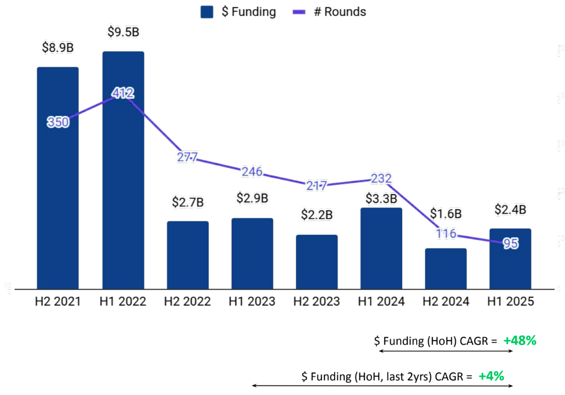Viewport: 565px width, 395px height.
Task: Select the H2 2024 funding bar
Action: [x=446, y=268]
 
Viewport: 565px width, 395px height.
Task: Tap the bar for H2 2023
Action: [x=317, y=261]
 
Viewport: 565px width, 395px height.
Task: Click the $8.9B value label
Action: [x=58, y=48]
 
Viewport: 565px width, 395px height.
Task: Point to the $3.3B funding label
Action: [x=382, y=199]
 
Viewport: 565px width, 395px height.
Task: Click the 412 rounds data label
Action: [x=123, y=93]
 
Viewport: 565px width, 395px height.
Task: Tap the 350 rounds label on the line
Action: [x=58, y=122]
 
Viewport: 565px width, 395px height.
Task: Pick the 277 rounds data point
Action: [x=187, y=157]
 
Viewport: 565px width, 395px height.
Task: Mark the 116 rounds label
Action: [x=446, y=234]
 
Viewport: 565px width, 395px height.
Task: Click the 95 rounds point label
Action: [x=511, y=244]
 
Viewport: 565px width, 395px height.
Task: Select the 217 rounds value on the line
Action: [x=317, y=185]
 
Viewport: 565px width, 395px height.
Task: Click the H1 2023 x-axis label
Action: [x=252, y=302]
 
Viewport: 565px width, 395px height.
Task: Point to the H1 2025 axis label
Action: [x=510, y=302]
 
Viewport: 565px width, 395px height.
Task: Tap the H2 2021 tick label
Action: [x=58, y=302]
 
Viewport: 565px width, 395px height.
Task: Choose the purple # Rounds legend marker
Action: [x=300, y=12]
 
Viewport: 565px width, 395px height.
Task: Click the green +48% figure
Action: [x=520, y=340]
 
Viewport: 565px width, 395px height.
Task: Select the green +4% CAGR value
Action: [x=491, y=375]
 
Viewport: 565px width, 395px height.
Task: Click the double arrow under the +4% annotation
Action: [x=382, y=386]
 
